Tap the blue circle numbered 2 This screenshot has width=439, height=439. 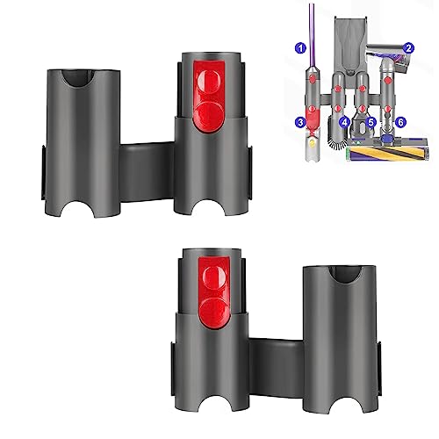pos(409,48)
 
